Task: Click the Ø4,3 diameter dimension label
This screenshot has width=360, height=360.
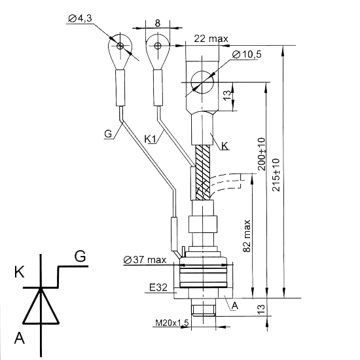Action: click(80, 18)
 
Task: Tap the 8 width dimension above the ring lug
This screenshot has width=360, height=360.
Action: click(158, 23)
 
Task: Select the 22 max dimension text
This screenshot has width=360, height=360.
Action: click(211, 39)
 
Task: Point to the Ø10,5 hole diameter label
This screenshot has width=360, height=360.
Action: click(247, 54)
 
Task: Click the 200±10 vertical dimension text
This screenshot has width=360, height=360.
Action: click(261, 154)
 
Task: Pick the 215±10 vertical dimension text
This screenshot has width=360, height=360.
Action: click(276, 175)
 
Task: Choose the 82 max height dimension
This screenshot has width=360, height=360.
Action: click(247, 236)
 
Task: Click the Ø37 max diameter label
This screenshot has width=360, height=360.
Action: click(145, 260)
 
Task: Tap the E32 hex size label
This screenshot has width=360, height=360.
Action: click(158, 287)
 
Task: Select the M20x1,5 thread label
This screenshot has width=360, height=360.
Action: click(172, 323)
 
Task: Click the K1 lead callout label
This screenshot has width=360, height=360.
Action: click(150, 139)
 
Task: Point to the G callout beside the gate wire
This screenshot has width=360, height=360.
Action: click(108, 134)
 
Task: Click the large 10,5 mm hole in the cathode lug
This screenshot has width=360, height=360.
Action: click(202, 82)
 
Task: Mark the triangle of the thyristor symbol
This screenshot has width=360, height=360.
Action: click(41, 306)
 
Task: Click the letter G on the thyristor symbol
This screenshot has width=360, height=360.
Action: click(80, 256)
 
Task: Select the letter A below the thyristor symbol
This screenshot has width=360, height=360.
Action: click(19, 338)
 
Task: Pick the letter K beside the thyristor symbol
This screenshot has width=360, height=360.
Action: click(19, 272)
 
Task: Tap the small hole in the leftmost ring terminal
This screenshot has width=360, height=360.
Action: click(120, 46)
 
